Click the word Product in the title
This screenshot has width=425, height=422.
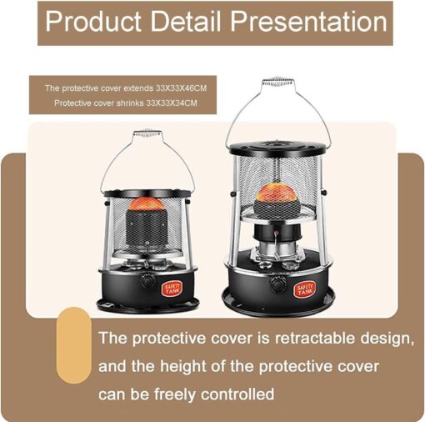(93, 22)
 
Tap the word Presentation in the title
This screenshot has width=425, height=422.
(308, 22)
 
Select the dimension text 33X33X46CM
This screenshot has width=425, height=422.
(181, 88)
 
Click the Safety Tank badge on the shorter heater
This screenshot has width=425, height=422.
(172, 288)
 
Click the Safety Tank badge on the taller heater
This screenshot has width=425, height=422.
(305, 290)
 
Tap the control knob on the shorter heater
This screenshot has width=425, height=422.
(147, 280)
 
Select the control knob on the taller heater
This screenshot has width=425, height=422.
(278, 284)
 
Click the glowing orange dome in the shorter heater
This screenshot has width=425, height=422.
(146, 203)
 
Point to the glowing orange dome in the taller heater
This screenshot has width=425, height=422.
(279, 193)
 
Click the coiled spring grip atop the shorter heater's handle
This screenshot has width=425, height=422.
(147, 133)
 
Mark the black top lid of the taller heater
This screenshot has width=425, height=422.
(278, 148)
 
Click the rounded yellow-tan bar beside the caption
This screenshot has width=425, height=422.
(73, 345)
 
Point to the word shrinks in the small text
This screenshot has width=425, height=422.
(130, 103)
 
